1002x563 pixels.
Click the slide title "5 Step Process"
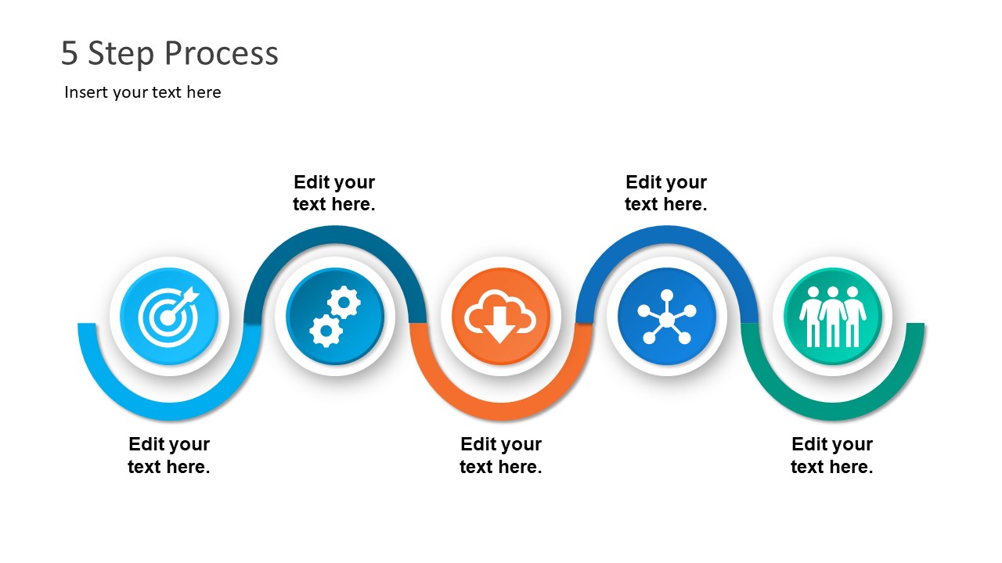[170, 54]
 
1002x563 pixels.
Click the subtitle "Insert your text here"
[142, 92]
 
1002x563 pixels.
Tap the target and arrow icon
[169, 316]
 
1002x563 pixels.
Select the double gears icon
[335, 316]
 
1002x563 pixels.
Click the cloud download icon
[501, 316]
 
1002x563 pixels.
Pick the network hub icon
[666, 316]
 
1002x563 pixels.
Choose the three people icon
[832, 316]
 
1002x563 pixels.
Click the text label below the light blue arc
[169, 455]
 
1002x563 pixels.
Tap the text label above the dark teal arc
[334, 193]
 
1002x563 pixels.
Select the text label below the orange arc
[501, 455]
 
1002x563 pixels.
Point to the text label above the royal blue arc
[666, 193]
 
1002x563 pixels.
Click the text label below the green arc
[831, 455]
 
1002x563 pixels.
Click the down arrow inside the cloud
[500, 326]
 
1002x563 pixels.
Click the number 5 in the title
[70, 54]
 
